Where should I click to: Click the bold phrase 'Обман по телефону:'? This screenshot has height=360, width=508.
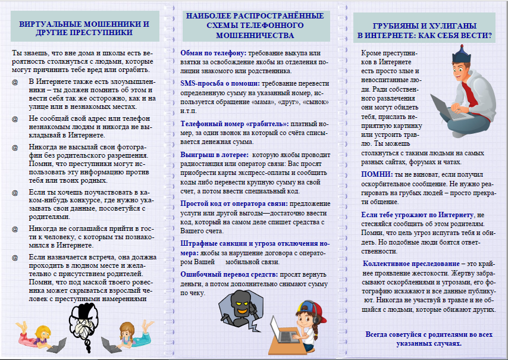214,53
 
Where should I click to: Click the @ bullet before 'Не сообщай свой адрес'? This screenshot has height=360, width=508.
15,118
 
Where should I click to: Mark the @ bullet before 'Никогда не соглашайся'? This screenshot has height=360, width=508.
15,228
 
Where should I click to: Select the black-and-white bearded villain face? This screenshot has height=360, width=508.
86,322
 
